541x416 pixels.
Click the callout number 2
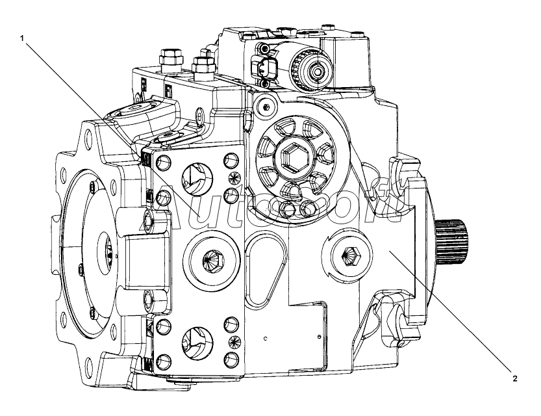click(514, 378)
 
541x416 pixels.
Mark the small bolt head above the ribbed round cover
click(264, 106)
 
